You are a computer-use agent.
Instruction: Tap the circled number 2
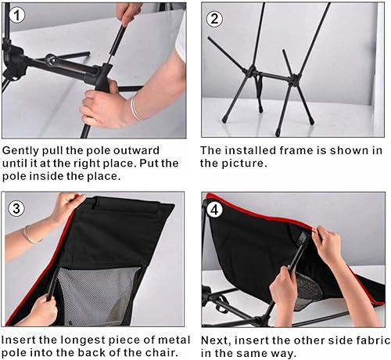(214, 19)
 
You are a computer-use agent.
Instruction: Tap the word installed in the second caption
(251, 149)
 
